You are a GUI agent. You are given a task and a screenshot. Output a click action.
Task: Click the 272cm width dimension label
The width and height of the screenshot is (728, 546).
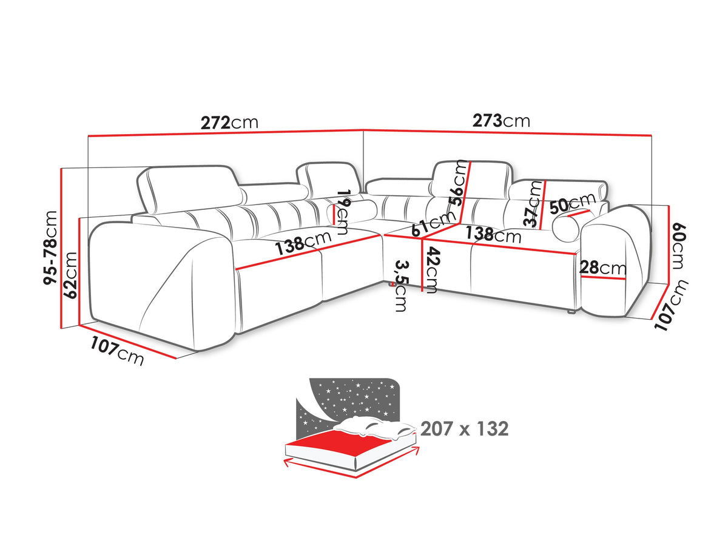point(229,123)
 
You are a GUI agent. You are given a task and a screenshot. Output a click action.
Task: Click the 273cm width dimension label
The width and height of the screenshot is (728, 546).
point(501,121)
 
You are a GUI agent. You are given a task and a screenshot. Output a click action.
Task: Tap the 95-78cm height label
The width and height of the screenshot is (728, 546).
point(51,248)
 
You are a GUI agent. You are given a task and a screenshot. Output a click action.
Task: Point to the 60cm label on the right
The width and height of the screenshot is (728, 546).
point(678,246)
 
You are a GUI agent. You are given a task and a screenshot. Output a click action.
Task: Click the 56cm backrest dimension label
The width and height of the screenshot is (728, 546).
point(458,183)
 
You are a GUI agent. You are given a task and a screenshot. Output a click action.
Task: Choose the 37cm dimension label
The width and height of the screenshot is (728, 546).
point(533,204)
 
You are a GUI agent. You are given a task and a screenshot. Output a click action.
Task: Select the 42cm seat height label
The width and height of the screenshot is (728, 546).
point(431,269)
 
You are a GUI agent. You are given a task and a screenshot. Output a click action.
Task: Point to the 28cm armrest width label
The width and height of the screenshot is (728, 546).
point(603,268)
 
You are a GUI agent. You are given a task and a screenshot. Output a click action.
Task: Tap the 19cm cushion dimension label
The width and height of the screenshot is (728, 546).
point(343,212)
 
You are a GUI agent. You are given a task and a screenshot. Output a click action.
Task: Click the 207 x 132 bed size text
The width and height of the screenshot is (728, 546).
point(464,429)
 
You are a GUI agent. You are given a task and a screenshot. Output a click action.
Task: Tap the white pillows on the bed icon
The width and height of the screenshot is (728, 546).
point(375,427)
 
